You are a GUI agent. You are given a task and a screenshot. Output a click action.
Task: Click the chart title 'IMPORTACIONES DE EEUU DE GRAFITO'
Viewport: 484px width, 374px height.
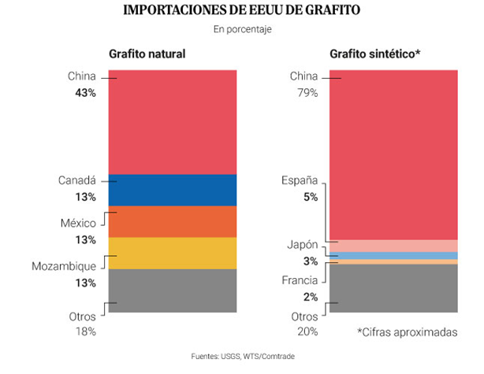[242, 11]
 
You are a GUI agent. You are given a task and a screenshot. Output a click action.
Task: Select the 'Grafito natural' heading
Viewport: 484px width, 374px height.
[147, 54]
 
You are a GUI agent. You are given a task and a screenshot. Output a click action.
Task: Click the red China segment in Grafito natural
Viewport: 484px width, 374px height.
[173, 121]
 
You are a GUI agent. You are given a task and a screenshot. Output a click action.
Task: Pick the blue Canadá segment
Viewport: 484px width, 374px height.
[173, 190]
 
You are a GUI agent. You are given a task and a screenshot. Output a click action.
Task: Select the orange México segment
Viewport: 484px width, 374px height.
[173, 221]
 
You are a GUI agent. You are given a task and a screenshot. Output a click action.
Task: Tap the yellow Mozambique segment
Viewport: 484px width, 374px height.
[173, 253]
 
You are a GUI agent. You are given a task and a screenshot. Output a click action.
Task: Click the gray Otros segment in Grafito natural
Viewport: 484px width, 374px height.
[173, 291]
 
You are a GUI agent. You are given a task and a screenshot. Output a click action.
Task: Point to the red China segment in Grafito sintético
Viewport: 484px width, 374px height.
[393, 154]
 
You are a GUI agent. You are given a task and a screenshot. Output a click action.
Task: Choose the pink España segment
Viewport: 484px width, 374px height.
[393, 246]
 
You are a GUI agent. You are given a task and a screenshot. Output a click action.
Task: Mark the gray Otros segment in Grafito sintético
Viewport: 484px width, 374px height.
[393, 288]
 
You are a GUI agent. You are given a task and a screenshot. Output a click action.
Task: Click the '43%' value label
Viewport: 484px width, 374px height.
[85, 93]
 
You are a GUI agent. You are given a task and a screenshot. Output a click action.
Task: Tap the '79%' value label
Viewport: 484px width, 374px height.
[307, 93]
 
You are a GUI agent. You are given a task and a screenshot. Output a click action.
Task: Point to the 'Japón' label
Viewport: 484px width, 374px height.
[302, 245]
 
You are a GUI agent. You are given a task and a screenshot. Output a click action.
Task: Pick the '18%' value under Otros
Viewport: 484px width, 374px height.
[84, 331]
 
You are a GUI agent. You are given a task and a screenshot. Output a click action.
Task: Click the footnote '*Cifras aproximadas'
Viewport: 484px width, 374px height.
[407, 332]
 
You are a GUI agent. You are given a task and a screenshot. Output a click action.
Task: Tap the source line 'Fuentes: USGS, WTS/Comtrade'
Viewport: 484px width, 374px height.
[241, 356]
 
